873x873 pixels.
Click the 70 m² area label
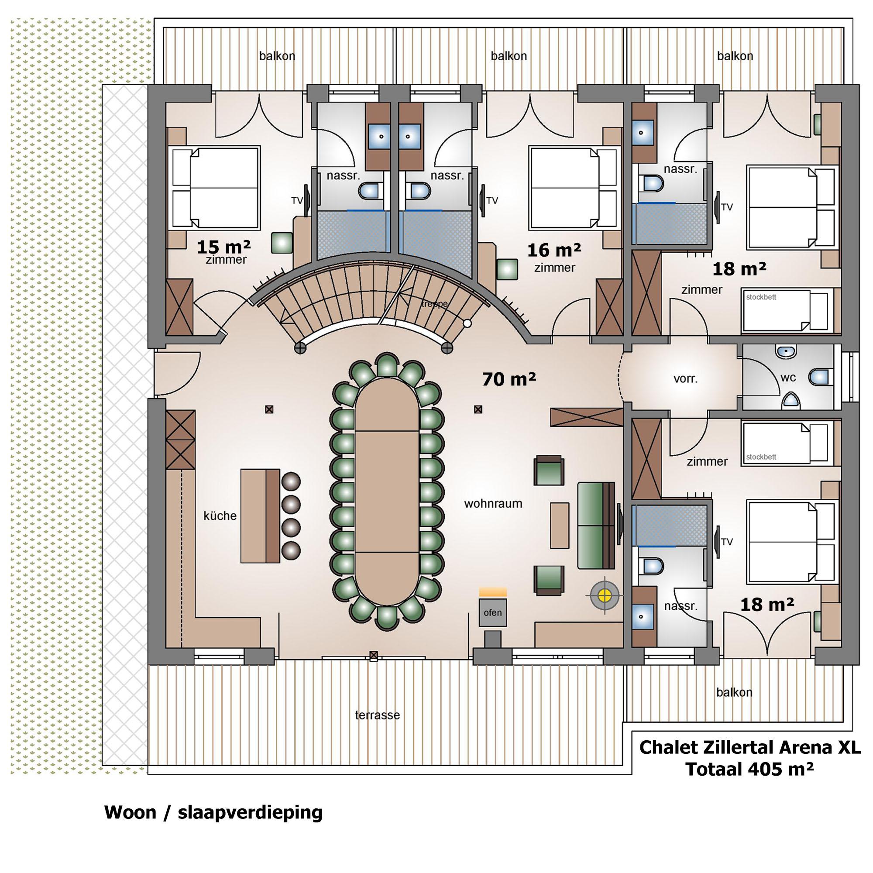pyautogui.click(x=509, y=379)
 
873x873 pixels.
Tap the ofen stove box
pyautogui.click(x=492, y=613)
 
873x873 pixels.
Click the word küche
pyautogui.click(x=220, y=516)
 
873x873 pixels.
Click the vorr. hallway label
pyautogui.click(x=685, y=378)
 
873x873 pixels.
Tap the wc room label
pyautogui.click(x=788, y=377)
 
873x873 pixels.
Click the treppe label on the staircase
pyautogui.click(x=434, y=304)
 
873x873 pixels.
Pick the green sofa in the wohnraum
pyautogui.click(x=595, y=525)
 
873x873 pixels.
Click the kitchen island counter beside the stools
pyautogui.click(x=260, y=516)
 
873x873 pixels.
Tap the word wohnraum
pyautogui.click(x=493, y=503)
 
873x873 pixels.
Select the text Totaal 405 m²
pyautogui.click(x=749, y=769)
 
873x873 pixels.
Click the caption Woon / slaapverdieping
pyautogui.click(x=213, y=812)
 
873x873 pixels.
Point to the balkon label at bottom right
pyautogui.click(x=734, y=692)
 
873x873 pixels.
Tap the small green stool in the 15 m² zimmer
pyautogui.click(x=282, y=243)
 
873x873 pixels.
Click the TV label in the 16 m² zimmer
pyautogui.click(x=491, y=201)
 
